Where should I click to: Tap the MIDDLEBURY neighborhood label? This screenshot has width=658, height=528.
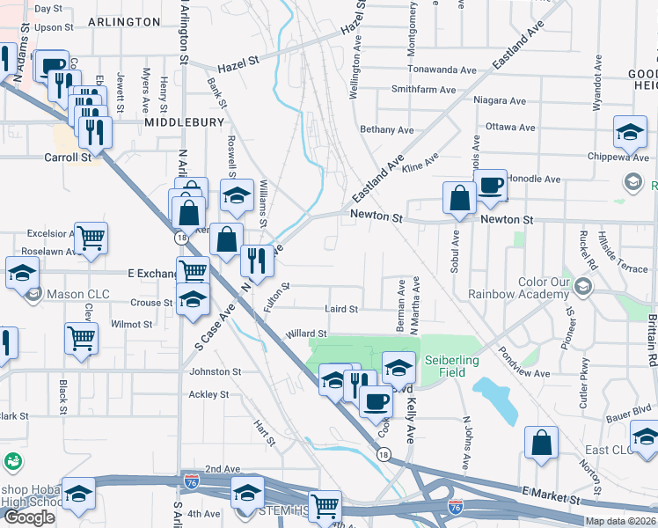coord(185,122)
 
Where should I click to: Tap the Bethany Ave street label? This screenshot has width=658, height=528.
coord(386,130)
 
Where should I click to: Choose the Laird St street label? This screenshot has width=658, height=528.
coord(340,309)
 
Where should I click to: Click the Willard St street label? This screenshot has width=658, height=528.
coord(305,334)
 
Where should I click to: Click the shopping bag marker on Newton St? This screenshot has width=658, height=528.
coord(459,199)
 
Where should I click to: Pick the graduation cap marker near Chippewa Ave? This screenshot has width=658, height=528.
coord(630,133)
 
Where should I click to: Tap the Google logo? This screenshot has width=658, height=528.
coord(29,517)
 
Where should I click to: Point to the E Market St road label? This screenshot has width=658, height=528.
coord(550,496)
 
